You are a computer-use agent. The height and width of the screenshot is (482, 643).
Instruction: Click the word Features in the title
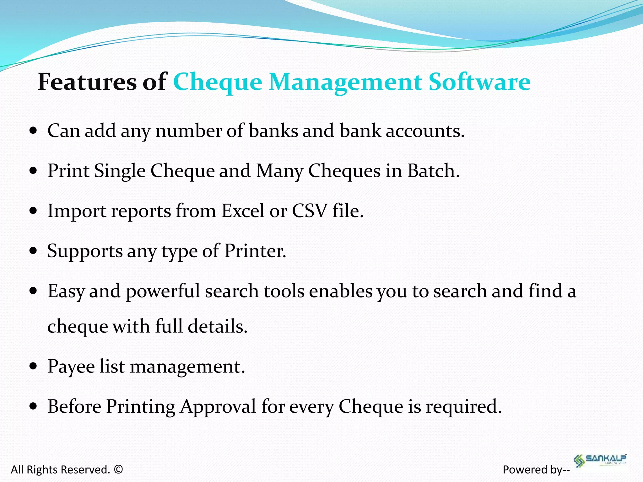87,82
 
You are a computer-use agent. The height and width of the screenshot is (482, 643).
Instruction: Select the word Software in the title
479,82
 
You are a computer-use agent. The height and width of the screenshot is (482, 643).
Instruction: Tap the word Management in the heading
345,82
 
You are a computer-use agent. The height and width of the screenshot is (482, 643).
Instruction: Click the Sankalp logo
600,460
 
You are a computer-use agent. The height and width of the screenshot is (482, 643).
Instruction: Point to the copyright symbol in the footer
118,469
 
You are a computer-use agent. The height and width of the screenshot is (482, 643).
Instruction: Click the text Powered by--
536,469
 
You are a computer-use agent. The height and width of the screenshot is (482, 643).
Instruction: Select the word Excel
243,211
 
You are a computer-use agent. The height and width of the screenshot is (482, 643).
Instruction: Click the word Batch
433,171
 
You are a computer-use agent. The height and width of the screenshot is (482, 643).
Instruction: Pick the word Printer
255,251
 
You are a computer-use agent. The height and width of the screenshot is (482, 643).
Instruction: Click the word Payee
71,367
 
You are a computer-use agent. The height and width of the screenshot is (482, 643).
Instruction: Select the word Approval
218,406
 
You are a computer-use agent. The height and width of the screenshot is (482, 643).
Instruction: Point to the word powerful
163,291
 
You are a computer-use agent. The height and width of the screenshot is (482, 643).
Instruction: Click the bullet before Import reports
33,211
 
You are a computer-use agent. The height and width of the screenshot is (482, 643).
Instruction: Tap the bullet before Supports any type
33,251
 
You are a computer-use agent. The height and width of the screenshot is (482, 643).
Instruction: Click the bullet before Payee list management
33,366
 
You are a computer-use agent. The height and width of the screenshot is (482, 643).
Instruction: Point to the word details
218,326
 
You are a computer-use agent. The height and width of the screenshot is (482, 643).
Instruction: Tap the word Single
120,171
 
